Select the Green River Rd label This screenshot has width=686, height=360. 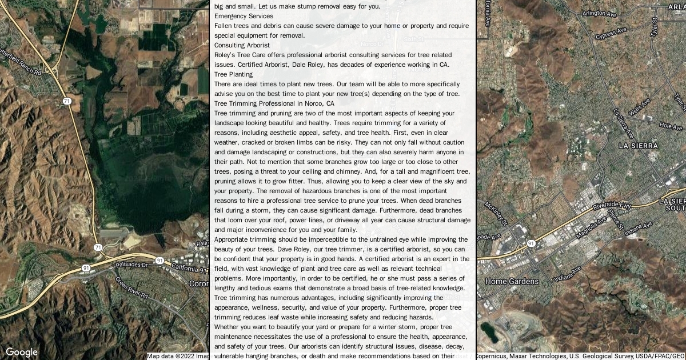[x=131, y=289]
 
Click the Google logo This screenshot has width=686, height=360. [x=21, y=352]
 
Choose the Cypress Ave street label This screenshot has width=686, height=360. [x=611, y=34]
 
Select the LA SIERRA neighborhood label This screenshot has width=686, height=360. [x=638, y=146]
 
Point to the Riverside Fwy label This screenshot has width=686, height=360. [x=611, y=205]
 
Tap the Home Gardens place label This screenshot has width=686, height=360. [x=512, y=281]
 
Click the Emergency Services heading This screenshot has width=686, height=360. [x=244, y=16]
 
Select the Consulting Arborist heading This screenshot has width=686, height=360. [x=242, y=45]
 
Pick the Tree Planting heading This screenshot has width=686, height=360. [x=233, y=74]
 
